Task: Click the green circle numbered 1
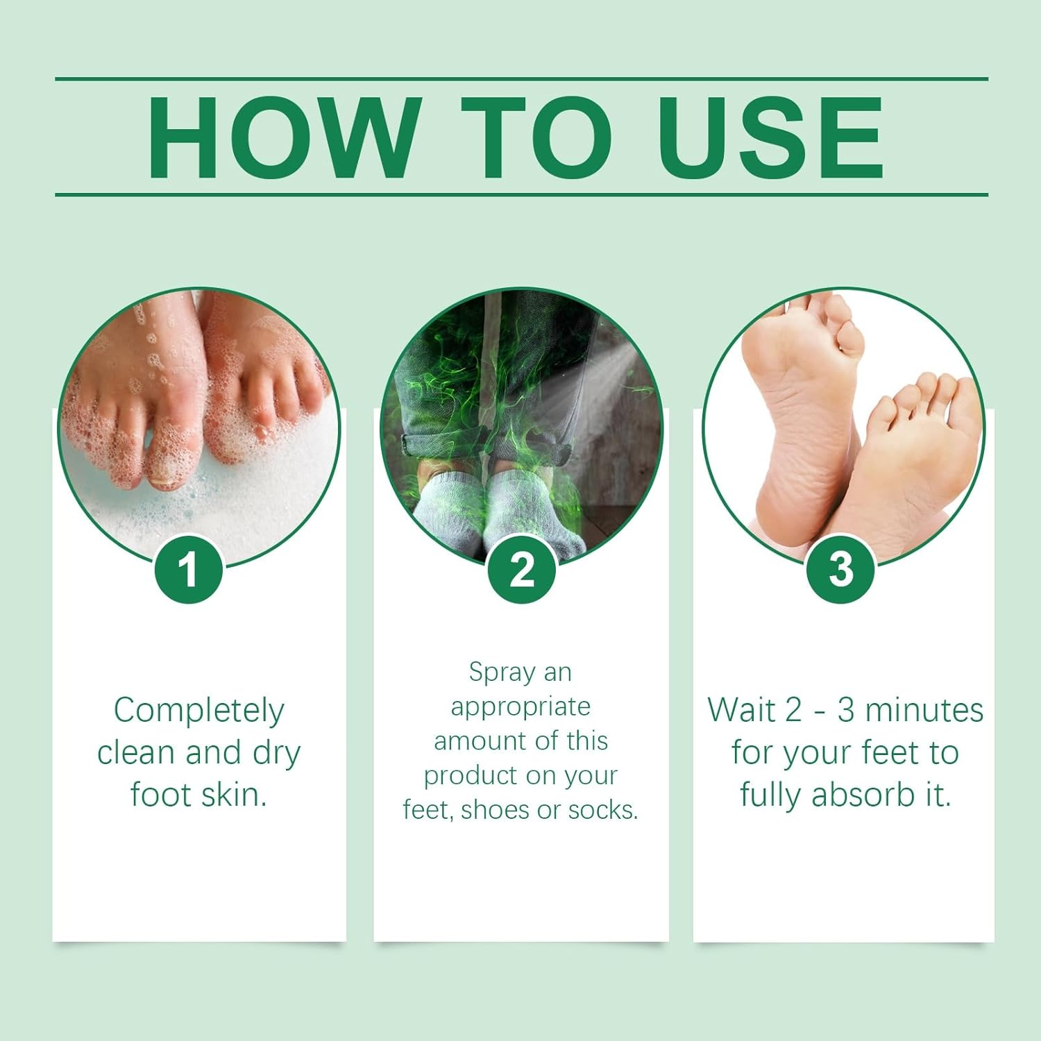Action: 188,570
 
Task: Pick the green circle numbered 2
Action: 522,570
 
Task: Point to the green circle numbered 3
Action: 840,570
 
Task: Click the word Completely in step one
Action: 199,711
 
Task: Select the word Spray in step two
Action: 502,672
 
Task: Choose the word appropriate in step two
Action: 520,706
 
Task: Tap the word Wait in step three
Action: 740,710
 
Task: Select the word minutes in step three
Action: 924,710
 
